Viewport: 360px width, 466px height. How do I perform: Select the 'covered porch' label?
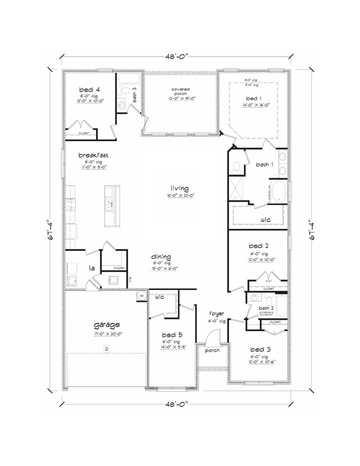pyautogui.click(x=180, y=91)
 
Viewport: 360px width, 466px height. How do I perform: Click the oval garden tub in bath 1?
pyautogui.click(x=279, y=192)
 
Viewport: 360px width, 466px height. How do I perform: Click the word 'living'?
pyautogui.click(x=180, y=188)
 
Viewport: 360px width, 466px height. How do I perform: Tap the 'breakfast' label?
pyautogui.click(x=93, y=155)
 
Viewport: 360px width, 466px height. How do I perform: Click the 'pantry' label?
pyautogui.click(x=119, y=268)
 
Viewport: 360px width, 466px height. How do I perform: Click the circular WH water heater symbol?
pyautogui.click(x=141, y=295)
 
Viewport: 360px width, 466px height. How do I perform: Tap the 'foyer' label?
pyautogui.click(x=216, y=314)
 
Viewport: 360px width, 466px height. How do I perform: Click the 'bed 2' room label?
pyautogui.click(x=259, y=246)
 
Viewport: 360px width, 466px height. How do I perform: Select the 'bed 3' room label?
pyautogui.click(x=259, y=348)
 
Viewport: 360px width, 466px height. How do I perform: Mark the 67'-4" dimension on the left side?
pyautogui.click(x=49, y=231)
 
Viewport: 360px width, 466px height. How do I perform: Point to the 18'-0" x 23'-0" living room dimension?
pyautogui.click(x=180, y=195)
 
